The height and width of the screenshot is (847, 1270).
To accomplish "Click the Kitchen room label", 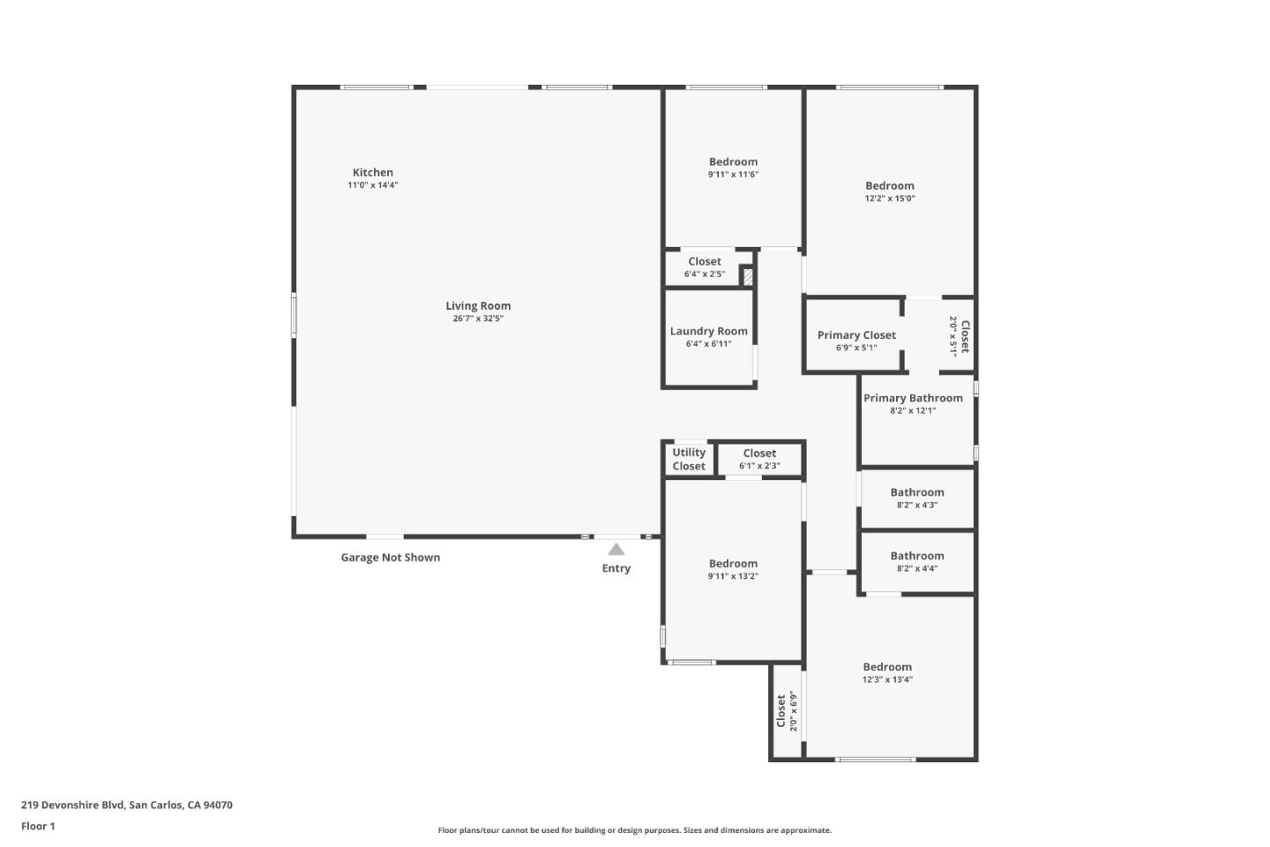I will click(x=372, y=173).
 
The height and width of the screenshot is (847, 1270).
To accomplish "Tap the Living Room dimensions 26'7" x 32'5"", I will click(x=477, y=319).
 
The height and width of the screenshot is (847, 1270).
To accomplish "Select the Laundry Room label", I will click(x=708, y=332).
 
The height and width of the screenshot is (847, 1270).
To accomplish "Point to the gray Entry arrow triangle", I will click(x=616, y=550).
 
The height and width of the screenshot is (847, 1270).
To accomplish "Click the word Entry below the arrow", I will click(x=616, y=568).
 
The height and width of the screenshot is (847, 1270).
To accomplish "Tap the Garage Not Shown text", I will click(x=390, y=558).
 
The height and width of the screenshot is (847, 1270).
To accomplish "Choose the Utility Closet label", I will click(x=689, y=459).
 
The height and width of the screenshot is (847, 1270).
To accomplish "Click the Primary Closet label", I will click(x=856, y=335).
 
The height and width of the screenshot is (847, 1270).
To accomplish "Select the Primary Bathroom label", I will click(x=913, y=399).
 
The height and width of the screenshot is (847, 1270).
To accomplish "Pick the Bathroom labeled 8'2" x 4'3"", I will click(x=916, y=493).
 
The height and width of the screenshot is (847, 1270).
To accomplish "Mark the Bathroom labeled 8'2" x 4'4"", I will click(x=916, y=557).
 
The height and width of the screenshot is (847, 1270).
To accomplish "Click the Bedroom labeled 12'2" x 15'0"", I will click(x=889, y=186).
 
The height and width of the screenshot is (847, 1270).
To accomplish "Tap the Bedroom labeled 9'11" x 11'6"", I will click(x=733, y=162).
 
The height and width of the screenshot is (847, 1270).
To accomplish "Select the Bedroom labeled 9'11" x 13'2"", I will click(x=733, y=564).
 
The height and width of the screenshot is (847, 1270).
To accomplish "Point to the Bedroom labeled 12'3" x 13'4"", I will click(x=887, y=668).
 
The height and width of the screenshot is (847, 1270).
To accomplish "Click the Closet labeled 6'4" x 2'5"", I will click(x=704, y=262).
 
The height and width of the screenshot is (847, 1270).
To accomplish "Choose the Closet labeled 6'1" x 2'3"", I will click(x=758, y=453).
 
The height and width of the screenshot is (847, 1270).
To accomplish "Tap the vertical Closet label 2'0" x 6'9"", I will click(x=781, y=711).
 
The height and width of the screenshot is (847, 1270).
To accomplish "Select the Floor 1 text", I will click(x=38, y=827).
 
